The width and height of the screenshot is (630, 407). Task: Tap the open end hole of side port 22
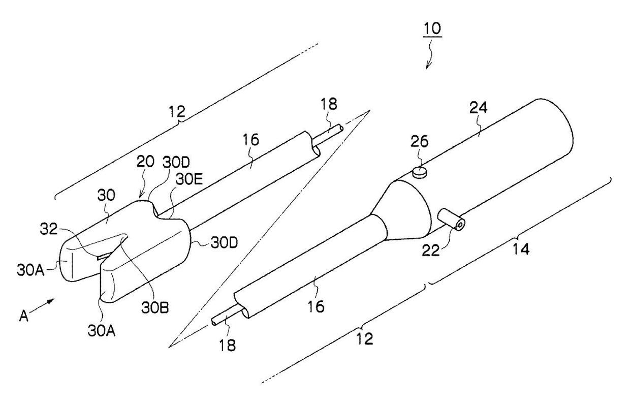click(460, 224)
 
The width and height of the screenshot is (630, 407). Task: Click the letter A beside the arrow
click(24, 316)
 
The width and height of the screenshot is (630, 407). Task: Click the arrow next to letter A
click(45, 305)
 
